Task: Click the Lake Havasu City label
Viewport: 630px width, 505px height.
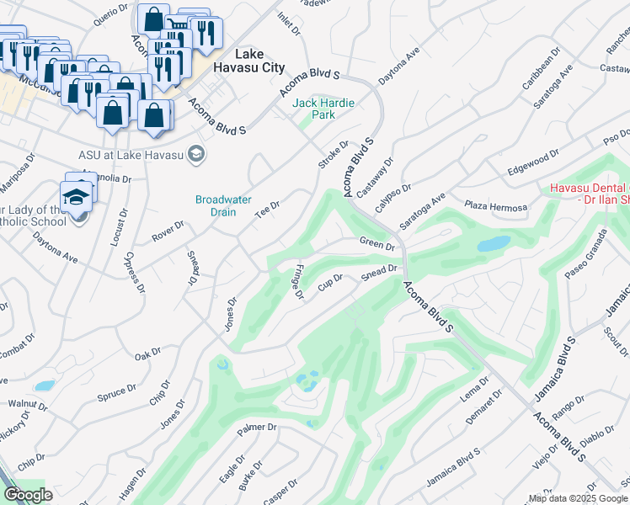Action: (x=248, y=61)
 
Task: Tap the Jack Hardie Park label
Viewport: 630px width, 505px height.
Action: (x=323, y=109)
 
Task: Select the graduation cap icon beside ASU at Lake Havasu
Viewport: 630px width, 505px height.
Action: (x=196, y=154)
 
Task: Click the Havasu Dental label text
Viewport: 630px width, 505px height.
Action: (x=589, y=193)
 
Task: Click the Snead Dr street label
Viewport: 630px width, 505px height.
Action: (x=379, y=270)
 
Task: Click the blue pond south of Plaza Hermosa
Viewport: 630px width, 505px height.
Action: (x=494, y=244)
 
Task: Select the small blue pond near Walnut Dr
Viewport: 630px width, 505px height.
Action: (x=45, y=385)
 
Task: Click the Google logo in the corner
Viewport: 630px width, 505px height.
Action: (x=28, y=495)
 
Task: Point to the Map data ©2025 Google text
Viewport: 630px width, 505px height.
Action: (x=577, y=498)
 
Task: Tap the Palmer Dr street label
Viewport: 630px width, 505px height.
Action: (x=257, y=428)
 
